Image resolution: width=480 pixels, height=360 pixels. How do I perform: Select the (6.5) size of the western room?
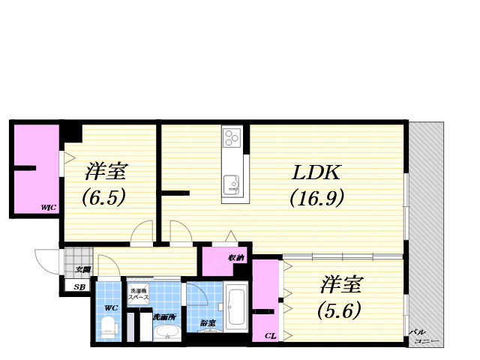coord(103,197)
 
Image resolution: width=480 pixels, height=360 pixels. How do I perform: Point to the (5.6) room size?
coord(342,308)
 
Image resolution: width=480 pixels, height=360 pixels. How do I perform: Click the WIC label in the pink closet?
coord(49,207)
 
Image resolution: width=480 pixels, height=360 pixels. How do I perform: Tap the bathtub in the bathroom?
coord(236,307)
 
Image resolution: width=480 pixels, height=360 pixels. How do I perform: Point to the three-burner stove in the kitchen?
coord(232,138)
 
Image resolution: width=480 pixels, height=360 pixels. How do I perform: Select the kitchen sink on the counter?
coord(231,182)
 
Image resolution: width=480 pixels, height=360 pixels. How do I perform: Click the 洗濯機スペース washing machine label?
coord(139,294)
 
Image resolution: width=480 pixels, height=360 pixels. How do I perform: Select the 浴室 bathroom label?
coord(206,323)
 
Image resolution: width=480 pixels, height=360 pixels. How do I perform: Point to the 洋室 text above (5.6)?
coord(343,285)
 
